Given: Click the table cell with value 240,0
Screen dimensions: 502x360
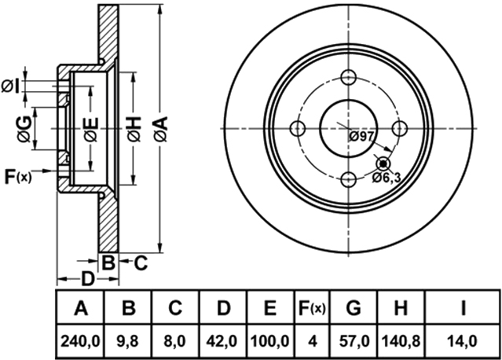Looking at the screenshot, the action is (80, 341).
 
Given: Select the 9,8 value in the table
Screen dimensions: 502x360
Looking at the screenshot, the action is (128, 341).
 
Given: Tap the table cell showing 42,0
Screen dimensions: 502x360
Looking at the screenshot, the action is (223, 341).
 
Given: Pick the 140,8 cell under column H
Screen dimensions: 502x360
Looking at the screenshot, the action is (401, 341).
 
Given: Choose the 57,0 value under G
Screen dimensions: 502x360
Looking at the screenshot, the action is (354, 341).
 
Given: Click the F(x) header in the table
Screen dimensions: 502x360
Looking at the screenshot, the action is (312, 308).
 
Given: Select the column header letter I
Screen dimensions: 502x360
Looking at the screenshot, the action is (463, 308).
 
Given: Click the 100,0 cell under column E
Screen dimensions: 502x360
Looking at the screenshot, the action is (270, 341).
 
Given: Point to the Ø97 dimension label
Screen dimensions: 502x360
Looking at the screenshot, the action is (361, 137).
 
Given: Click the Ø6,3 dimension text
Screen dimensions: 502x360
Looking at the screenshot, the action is (387, 177).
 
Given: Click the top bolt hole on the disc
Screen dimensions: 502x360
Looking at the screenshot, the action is (348, 77).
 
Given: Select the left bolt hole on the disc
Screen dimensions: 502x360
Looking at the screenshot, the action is (298, 129).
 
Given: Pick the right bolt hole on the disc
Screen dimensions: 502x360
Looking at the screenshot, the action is (399, 129).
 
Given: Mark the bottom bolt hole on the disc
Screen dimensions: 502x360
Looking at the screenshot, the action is (348, 180).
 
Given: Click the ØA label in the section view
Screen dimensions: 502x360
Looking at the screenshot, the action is (161, 129).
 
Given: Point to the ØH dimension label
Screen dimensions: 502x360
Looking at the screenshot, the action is (134, 129).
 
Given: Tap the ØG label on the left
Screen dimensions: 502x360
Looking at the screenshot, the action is (25, 129).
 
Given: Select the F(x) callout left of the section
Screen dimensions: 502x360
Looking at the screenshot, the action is (18, 177).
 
